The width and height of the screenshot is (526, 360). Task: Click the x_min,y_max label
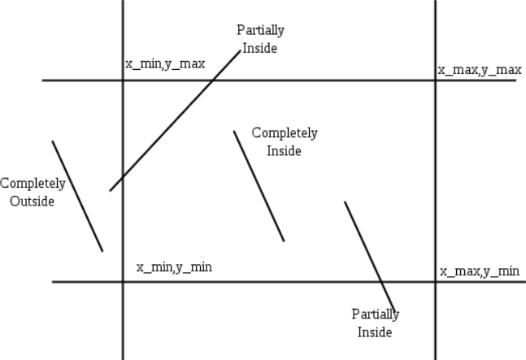coord(165,63)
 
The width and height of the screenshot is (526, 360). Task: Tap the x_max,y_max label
coord(480,70)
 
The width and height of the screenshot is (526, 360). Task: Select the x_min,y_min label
coord(174,267)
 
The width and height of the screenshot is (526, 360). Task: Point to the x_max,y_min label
coord(480,271)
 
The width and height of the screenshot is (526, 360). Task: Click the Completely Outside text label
coord(33,192)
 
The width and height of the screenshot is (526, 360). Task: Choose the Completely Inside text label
coord(285,141)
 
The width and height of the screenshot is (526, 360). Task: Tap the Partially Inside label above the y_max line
coord(260,39)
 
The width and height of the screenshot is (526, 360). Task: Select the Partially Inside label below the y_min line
coord(375,323)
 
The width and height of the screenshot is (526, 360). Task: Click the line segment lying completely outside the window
coord(77,196)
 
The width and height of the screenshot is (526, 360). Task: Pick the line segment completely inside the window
coord(259,186)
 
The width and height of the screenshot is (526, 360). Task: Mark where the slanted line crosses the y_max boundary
coord(215,80)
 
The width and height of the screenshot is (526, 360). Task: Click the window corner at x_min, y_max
coord(123,80)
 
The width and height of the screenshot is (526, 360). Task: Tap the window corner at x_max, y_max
coord(435,80)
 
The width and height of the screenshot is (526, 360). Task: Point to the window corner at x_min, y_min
coord(123,282)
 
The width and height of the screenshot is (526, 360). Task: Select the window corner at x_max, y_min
coord(435,282)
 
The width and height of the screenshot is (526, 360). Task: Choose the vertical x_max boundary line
coord(435,179)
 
